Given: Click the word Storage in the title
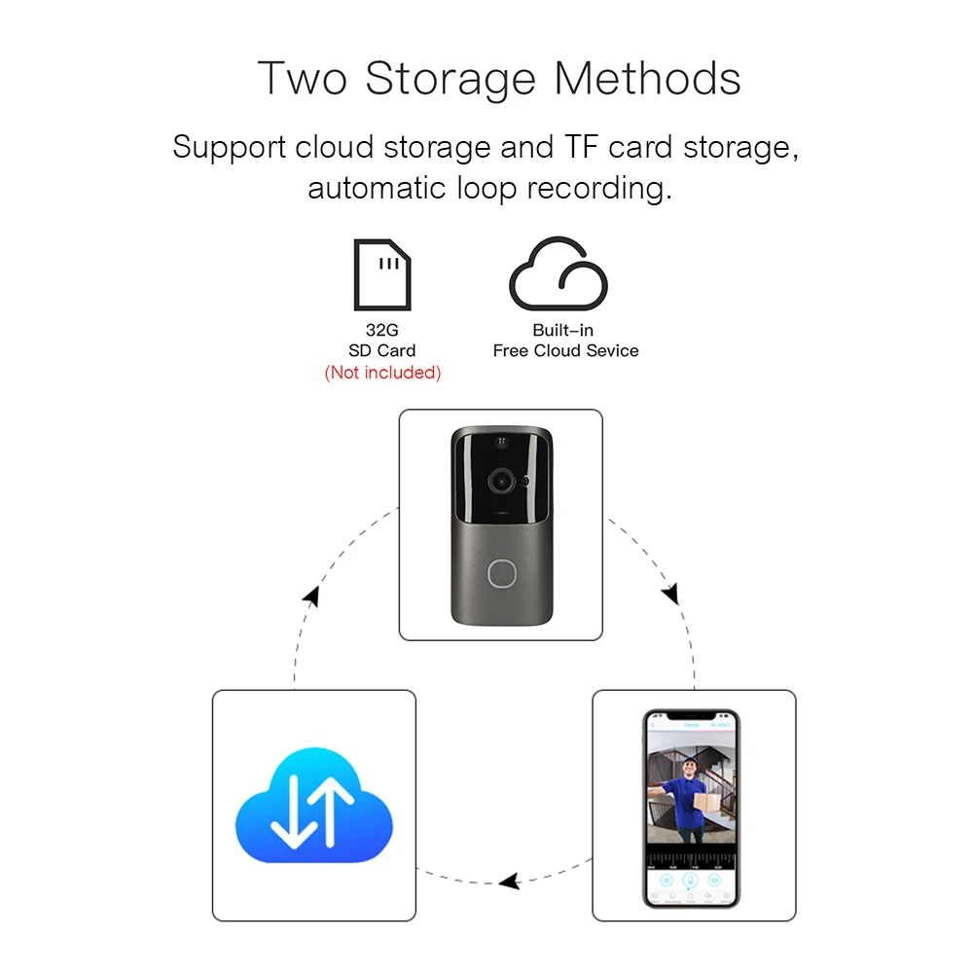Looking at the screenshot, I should point(450,78).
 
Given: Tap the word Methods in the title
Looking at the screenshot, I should point(648,78).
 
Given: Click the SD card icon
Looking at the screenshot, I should point(381,273).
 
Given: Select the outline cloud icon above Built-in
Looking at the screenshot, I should point(559,274).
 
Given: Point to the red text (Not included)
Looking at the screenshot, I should point(382,373).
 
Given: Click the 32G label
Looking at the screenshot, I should point(382,331).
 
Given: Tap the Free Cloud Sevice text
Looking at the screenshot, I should point(565,351).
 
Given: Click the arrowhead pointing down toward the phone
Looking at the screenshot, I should point(670,594).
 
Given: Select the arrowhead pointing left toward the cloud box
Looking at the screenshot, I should point(509,882).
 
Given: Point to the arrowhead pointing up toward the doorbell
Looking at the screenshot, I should point(310,595).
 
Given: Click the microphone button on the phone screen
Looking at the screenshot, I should point(690,881).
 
